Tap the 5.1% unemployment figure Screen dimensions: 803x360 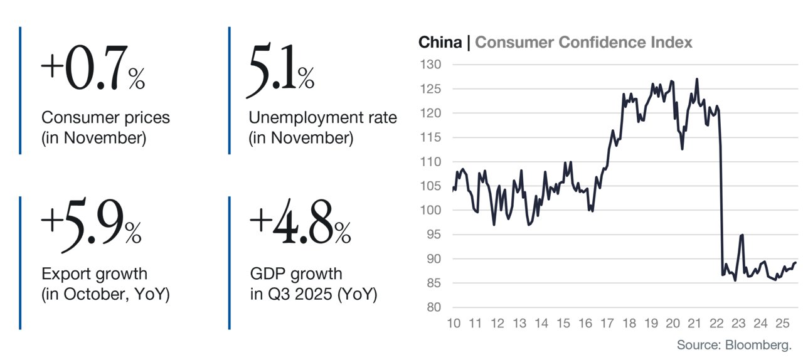click(x=280, y=70)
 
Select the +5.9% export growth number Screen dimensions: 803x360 click(x=92, y=225)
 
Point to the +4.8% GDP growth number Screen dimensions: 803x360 click(x=300, y=222)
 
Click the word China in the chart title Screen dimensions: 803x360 click(x=440, y=42)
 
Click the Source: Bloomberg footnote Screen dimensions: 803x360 click(x=734, y=345)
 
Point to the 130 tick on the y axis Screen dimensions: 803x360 click(x=430, y=65)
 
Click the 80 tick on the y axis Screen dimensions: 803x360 click(x=433, y=307)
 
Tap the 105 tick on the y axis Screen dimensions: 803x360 click(x=430, y=186)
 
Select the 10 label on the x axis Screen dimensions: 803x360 click(x=454, y=324)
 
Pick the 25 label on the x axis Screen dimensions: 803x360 click(x=782, y=324)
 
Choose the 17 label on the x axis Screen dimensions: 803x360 click(x=607, y=324)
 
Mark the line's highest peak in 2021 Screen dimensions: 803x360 click(x=697, y=79)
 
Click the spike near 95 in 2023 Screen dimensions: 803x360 click(x=742, y=235)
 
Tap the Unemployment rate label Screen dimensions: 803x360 click(x=322, y=118)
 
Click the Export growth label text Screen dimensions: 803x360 click(x=94, y=274)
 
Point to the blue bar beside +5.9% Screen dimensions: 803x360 click(x=20, y=263)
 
